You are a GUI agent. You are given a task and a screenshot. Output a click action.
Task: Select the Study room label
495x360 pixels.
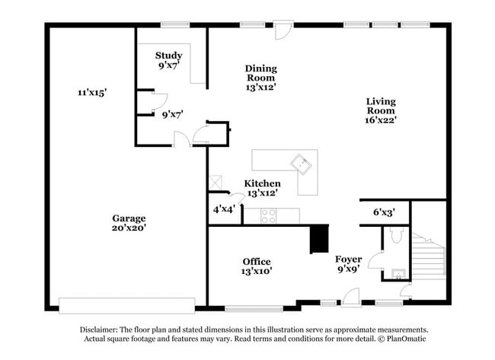click(168, 56)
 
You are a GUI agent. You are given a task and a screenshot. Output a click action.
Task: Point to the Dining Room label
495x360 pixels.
click(260, 73)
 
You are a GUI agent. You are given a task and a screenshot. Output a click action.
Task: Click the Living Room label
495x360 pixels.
click(380, 106)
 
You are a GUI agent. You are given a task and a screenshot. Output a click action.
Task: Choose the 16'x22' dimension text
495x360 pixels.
click(380, 119)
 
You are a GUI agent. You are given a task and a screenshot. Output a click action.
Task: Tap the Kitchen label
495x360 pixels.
click(262, 183)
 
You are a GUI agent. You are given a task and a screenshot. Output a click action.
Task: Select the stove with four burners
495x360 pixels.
click(269, 216)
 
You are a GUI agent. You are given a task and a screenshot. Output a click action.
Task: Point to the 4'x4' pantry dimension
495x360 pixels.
click(225, 209)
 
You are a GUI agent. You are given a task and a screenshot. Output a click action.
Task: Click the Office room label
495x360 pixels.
click(257, 261)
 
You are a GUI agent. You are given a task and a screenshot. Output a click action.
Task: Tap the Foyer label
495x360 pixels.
click(349, 260)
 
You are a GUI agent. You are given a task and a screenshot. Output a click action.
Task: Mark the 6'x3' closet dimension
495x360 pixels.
click(383, 212)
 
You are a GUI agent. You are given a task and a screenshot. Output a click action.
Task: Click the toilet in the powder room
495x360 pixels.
click(394, 236)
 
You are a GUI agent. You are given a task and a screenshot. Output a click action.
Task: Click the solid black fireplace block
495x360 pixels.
click(318, 239)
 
